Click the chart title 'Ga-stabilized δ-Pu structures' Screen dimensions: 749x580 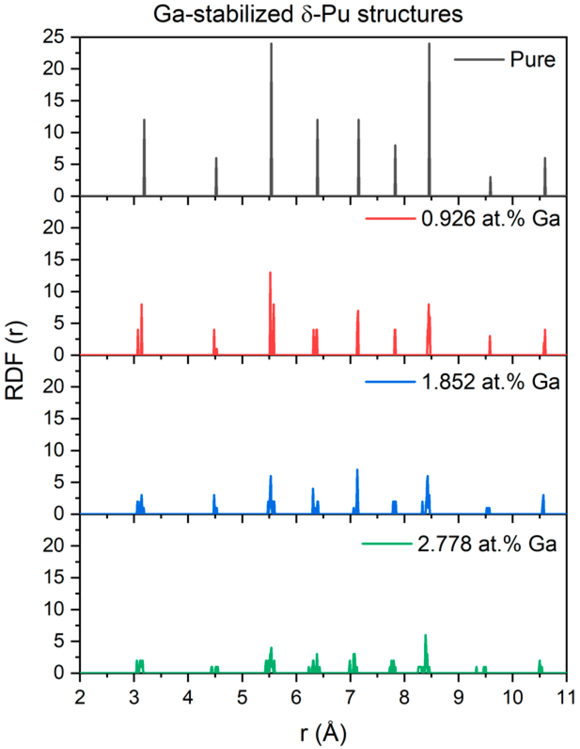(x=308, y=14)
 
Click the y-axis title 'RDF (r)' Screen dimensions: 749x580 (x=15, y=360)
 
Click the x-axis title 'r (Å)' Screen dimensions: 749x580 (x=323, y=733)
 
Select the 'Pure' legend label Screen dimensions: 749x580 (x=532, y=60)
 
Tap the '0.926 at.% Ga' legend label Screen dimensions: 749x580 (x=490, y=219)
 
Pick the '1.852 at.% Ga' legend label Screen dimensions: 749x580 (x=490, y=382)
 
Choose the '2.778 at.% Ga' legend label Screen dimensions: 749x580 (x=487, y=544)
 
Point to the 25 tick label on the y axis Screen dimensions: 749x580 (x=54, y=37)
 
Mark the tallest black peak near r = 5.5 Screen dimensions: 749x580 (x=271, y=45)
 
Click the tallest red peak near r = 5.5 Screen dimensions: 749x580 (x=270, y=274)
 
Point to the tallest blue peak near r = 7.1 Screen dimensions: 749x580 (x=357, y=472)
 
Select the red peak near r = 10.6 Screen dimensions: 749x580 (x=545, y=331)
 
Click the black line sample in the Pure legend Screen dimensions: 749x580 (x=479, y=60)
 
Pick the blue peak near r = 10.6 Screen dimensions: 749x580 (x=543, y=497)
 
